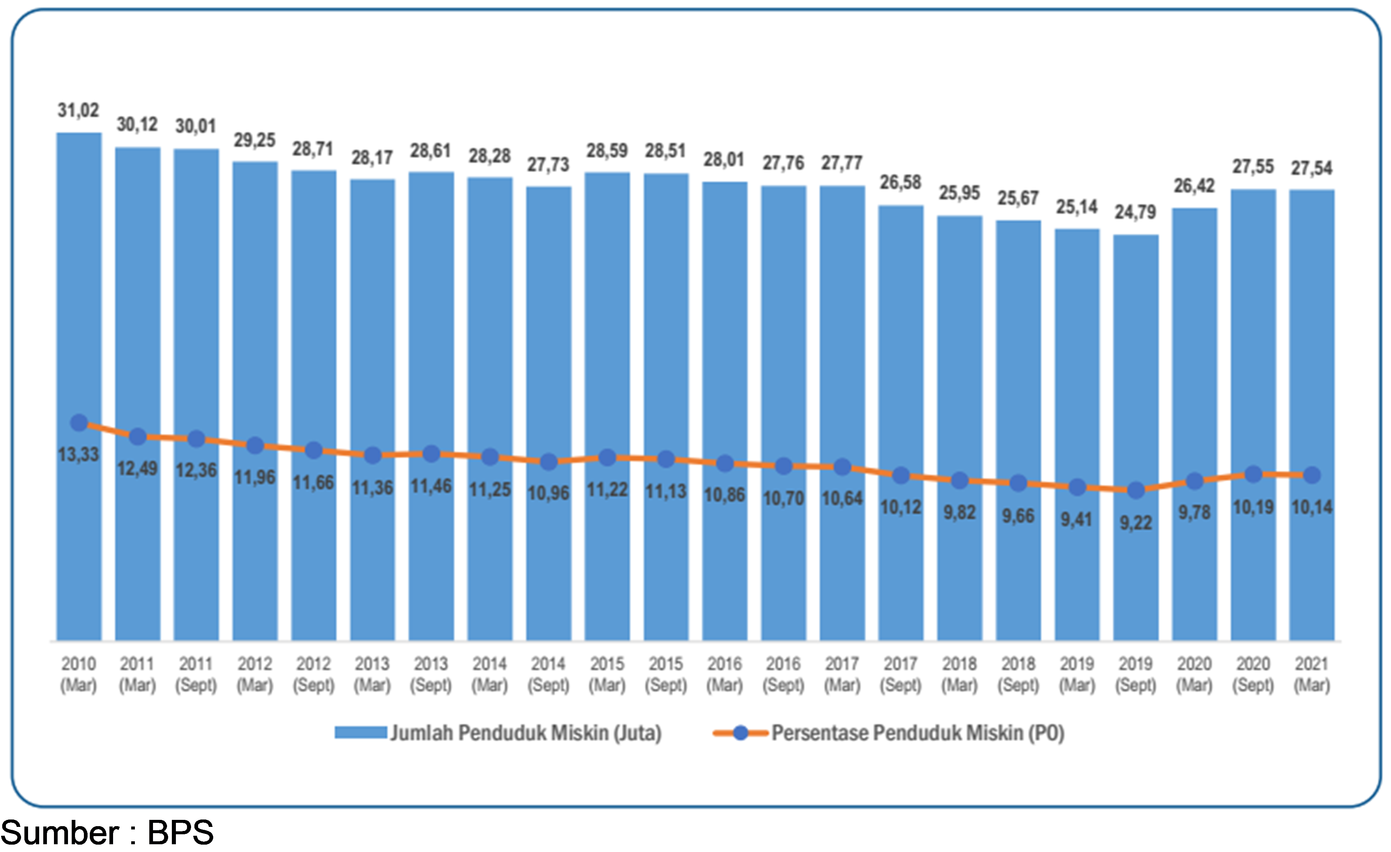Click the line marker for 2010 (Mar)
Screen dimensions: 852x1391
[79, 422]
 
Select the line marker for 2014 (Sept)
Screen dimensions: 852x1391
[549, 462]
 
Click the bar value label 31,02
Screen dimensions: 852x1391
[78, 110]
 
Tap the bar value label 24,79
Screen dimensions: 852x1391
[1135, 212]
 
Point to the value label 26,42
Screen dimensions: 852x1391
[1194, 186]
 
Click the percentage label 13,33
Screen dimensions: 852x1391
[78, 454]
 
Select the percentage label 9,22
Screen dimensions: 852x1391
[1136, 523]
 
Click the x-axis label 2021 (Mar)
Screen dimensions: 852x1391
[1312, 674]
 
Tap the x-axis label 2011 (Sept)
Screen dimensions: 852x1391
[196, 674]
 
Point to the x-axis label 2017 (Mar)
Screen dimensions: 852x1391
[842, 674]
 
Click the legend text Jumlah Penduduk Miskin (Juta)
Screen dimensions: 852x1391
[526, 733]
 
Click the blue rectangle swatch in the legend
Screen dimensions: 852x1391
[361, 732]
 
